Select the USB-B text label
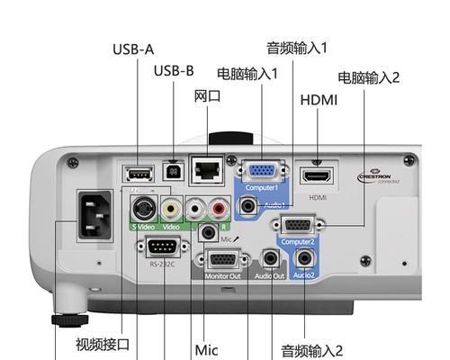(174, 70)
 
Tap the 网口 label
(207, 95)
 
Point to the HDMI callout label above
(319, 99)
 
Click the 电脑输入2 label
(368, 77)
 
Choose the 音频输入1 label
(297, 47)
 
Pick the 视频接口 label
(103, 343)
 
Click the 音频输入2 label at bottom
(311, 349)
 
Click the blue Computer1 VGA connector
(262, 174)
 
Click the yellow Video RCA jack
(170, 210)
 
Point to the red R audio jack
(218, 210)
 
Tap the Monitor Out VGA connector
(222, 260)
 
